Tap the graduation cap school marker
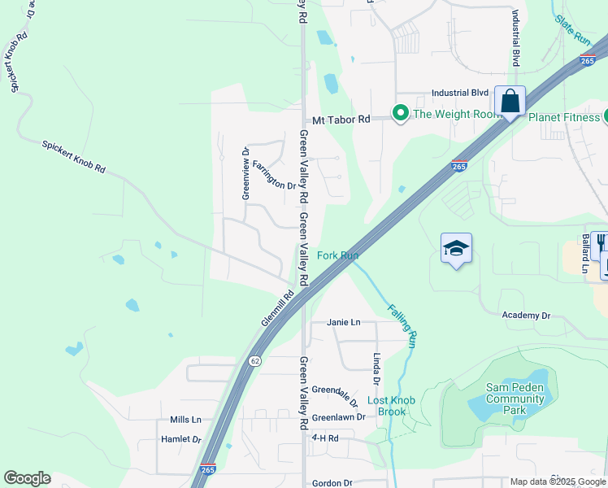pos(456,249)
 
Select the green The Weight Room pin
pos(400,113)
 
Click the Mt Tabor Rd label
pos(341,119)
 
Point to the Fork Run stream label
pos(337,255)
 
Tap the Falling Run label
pos(402,325)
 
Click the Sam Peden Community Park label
pos(515,399)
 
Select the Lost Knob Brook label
pos(386,406)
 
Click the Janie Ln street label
pos(343,322)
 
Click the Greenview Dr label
pos(245,172)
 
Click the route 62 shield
pos(254,360)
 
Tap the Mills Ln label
pos(185,420)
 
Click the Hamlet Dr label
pos(181,439)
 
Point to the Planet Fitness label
pos(563,117)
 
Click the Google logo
pos(27,478)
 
